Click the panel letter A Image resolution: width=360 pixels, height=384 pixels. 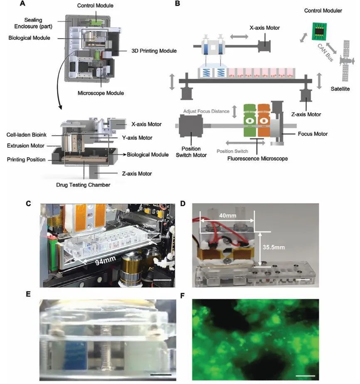pos(22,3)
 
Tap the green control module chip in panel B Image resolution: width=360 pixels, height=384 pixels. pos(319,31)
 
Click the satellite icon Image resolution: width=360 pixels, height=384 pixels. pos(347,60)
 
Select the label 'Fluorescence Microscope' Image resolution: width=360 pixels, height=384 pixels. pos(257,159)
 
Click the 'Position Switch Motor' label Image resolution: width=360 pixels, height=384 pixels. pos(191,152)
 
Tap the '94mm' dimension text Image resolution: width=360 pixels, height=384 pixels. pos(105,261)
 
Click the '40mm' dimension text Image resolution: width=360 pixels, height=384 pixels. pos(228,216)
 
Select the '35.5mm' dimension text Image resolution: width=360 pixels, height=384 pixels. pos(274,248)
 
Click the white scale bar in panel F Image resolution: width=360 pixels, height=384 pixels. pos(305,375)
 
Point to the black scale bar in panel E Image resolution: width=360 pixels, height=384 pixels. pos(161,374)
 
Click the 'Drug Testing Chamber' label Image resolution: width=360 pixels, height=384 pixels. pos(83,185)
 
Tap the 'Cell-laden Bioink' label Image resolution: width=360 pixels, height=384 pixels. pos(27,135)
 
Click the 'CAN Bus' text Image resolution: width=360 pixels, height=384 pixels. pos(325,53)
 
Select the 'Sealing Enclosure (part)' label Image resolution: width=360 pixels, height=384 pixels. pos(33,23)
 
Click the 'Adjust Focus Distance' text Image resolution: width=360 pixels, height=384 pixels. pos(206,111)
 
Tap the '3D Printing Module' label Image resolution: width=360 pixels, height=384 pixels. pos(154,51)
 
